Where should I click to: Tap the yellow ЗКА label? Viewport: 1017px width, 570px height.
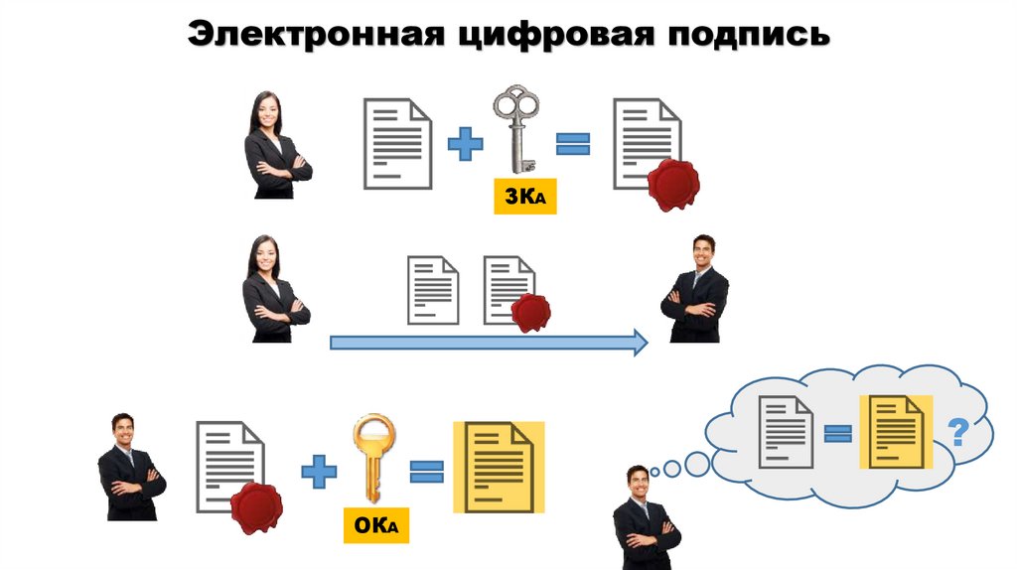525,198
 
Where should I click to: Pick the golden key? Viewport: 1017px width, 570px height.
372,458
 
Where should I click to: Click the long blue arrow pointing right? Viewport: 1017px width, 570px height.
488,344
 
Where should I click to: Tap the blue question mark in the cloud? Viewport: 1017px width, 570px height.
957,432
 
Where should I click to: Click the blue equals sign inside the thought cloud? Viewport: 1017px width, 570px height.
838,433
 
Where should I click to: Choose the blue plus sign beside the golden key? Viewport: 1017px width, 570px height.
319,469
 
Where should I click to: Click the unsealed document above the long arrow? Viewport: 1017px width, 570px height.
434,290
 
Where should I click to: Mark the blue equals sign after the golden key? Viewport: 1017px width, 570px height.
427,470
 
